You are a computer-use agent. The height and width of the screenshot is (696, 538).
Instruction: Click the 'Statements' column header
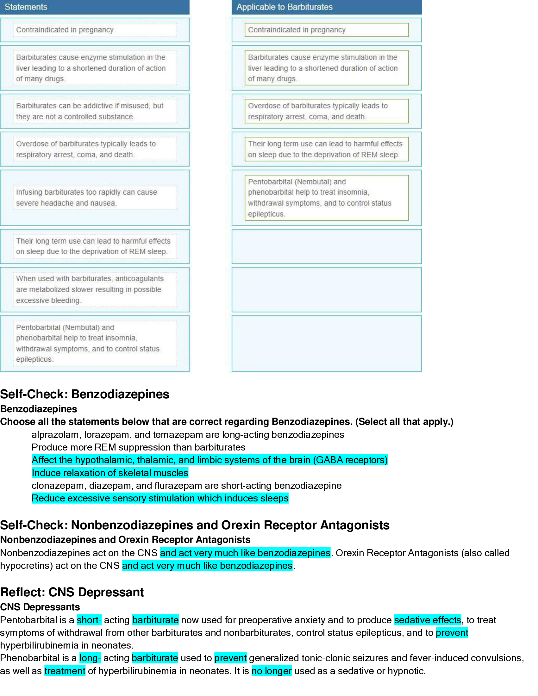[x=26, y=7]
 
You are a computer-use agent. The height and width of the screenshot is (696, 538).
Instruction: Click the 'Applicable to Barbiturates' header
[x=284, y=7]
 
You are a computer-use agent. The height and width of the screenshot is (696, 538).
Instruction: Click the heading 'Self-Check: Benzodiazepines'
[x=84, y=394]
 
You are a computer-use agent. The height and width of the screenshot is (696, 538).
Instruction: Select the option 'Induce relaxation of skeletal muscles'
[x=110, y=473]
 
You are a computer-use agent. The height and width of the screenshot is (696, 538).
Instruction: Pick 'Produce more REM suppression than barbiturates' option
[x=138, y=447]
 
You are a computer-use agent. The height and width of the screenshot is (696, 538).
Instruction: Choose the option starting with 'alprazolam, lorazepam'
[x=188, y=434]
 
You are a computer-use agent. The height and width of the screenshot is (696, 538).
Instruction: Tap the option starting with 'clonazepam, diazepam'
[x=186, y=485]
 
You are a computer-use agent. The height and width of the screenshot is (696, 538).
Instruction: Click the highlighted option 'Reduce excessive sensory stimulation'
[x=160, y=498]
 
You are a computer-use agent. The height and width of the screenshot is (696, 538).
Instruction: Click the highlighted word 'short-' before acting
[x=89, y=620]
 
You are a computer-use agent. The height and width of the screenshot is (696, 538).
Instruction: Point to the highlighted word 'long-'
[x=90, y=658]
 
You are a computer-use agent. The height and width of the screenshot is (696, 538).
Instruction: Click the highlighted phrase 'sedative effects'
[x=428, y=620]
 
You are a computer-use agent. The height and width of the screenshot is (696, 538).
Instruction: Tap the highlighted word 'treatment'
[x=65, y=671]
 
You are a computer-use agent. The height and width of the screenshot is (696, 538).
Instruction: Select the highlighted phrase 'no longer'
[x=272, y=671]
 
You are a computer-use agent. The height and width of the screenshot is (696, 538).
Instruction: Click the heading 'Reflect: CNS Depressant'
[x=72, y=592]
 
